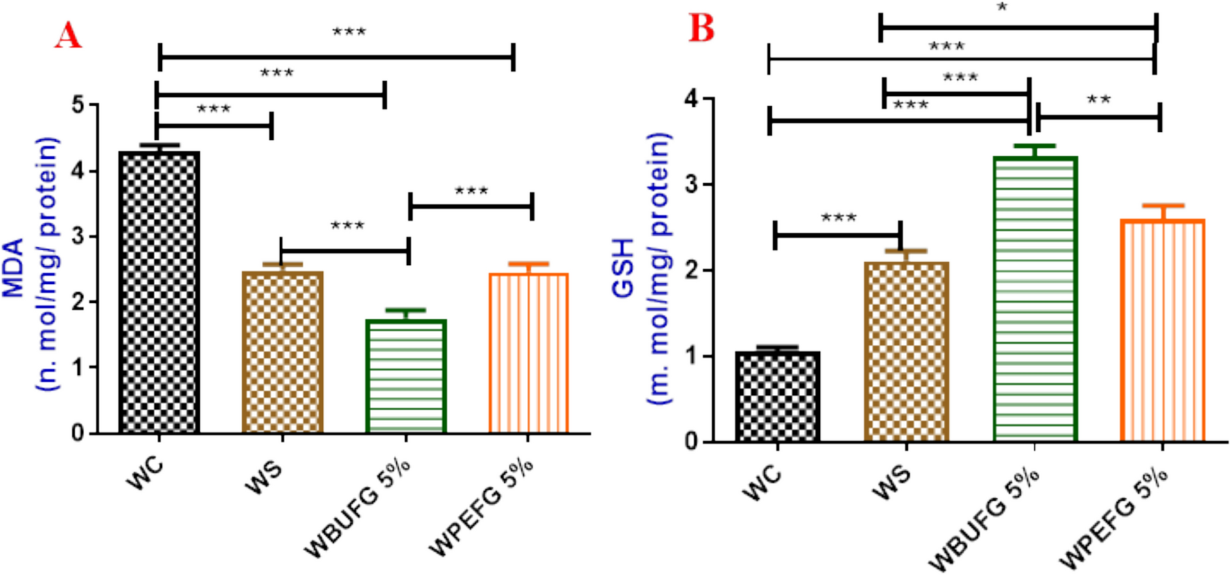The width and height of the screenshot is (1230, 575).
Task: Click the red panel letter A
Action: coord(68,35)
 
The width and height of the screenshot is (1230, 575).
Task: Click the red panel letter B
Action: coord(701,28)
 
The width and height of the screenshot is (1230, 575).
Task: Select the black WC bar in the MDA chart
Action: coord(159,292)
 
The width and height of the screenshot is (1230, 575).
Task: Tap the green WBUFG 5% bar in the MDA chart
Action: coord(406,376)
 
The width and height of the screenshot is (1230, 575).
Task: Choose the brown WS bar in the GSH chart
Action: coord(906,351)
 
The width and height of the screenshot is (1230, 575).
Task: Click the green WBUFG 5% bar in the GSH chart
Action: coord(1035,298)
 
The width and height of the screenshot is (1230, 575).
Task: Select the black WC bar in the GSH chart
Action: coord(778,396)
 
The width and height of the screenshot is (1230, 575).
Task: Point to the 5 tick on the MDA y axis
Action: coord(78,105)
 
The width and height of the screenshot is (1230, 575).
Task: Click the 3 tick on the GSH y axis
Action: coord(692,184)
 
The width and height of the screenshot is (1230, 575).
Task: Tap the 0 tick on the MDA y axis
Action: coord(78,433)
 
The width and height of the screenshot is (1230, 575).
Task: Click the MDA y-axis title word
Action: coord(13,267)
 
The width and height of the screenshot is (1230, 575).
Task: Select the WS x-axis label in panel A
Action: coord(264,477)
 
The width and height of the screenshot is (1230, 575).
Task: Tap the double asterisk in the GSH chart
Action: coord(1099,99)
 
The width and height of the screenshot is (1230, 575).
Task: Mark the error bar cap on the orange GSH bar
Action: coord(1163,206)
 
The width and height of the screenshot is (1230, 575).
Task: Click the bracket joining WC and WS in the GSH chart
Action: coord(837,235)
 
